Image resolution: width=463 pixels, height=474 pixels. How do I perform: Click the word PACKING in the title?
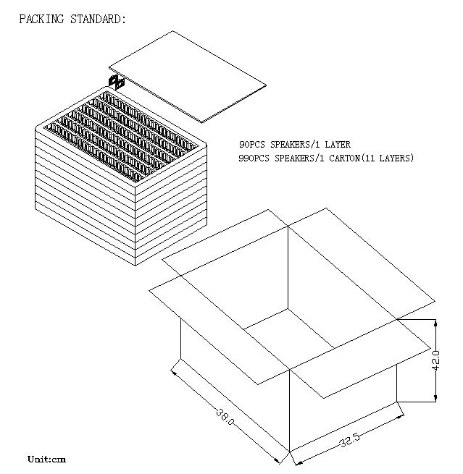(41, 19)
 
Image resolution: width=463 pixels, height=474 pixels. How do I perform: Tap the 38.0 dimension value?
(225, 417)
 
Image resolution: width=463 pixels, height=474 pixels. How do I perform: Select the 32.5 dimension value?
(349, 440)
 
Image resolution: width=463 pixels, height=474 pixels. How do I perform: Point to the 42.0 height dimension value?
(435, 360)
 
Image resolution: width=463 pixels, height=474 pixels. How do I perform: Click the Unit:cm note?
(46, 460)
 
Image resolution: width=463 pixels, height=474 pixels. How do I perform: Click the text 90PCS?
(251, 145)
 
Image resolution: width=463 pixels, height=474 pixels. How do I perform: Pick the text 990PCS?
(254, 158)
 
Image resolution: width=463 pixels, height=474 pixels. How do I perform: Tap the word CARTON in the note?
(344, 158)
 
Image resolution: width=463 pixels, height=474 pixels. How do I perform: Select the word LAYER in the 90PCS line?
(338, 145)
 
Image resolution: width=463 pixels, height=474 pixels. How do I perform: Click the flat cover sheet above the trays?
(188, 77)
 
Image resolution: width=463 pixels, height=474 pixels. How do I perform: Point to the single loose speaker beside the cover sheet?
(117, 82)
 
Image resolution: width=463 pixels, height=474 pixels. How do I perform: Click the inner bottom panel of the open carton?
(289, 329)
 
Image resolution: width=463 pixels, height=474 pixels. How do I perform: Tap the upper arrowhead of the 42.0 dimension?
(435, 323)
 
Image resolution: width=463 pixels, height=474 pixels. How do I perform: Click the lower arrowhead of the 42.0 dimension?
(435, 398)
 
